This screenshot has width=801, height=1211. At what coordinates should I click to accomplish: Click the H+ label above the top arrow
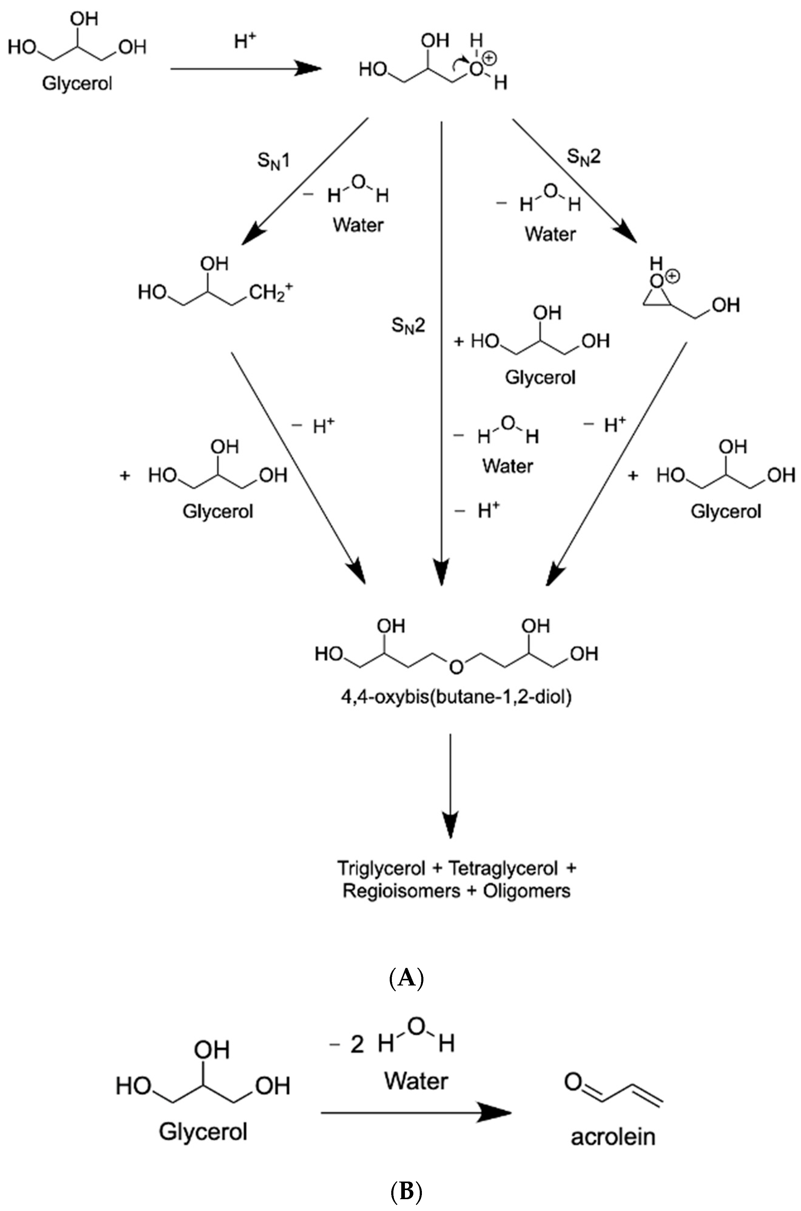(245, 41)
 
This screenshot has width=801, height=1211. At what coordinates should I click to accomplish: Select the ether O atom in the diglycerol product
(456, 667)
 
